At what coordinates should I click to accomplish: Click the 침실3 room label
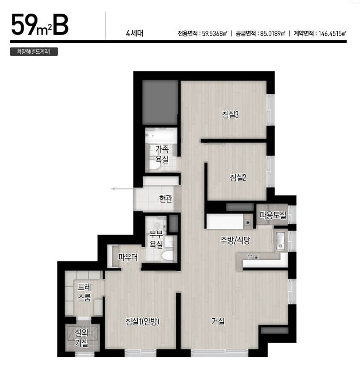(x=230, y=114)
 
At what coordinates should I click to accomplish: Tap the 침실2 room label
(x=238, y=177)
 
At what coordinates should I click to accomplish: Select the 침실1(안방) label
(x=142, y=321)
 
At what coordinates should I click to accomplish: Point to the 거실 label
(x=218, y=321)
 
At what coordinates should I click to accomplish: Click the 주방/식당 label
(x=235, y=240)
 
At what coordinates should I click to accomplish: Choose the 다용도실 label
(x=273, y=215)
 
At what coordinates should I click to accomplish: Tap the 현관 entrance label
(x=165, y=198)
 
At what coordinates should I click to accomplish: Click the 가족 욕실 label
(x=162, y=154)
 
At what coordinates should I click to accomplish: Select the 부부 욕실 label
(x=156, y=240)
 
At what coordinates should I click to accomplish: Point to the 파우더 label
(x=127, y=257)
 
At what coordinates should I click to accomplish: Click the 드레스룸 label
(x=85, y=292)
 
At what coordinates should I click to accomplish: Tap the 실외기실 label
(x=81, y=337)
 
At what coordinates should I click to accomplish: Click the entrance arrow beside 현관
(x=122, y=189)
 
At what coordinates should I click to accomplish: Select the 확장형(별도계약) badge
(x=34, y=51)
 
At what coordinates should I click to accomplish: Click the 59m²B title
(x=40, y=25)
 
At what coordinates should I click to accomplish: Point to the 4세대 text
(x=135, y=34)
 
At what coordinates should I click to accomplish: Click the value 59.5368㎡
(x=215, y=34)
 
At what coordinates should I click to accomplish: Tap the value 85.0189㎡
(x=273, y=34)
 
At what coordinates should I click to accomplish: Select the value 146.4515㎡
(x=332, y=34)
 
